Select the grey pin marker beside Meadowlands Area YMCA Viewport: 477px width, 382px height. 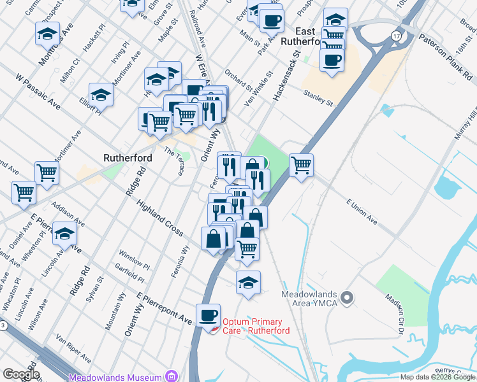point(347,297)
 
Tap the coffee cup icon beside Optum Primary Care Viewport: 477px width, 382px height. point(208,315)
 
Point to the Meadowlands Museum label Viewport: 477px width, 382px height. point(117,377)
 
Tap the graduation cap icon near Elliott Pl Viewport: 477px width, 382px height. point(101,94)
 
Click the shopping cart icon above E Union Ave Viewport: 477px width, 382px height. point(301,165)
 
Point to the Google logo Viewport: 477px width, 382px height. point(21,374)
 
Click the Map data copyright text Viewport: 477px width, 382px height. point(437,377)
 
